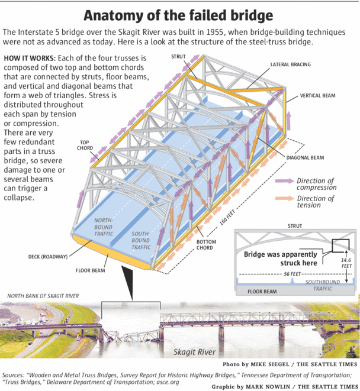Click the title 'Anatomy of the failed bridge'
pos(178,15)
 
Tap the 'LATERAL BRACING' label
pos(291,64)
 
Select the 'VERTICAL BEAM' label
pos(317,95)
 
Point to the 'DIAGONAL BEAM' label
pos(305,157)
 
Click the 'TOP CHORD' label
pos(85,145)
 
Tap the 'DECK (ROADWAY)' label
pos(48,257)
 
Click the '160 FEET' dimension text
pos(227,218)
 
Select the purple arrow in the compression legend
pos(285,181)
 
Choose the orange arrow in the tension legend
pos(285,199)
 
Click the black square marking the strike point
pos(340,245)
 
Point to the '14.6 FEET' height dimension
pos(346,263)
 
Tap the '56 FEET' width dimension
pos(292,274)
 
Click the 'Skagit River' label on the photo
pos(194,352)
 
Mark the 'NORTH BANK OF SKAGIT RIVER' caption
pos(43,296)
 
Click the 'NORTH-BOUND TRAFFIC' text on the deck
pos(104,227)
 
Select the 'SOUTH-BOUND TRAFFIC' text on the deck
pos(141,240)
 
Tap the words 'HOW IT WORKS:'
pos(30,59)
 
